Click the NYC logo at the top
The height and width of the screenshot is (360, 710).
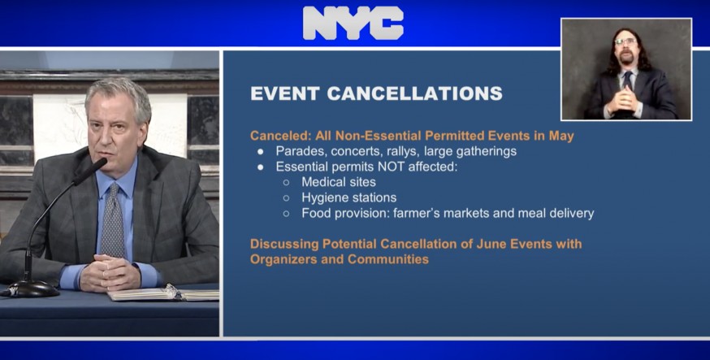pyautogui.click(x=353, y=23)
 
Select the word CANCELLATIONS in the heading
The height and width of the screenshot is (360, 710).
pyautogui.click(x=414, y=93)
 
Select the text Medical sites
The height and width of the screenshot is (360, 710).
pyautogui.click(x=339, y=182)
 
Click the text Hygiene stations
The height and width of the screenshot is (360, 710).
pyautogui.click(x=349, y=198)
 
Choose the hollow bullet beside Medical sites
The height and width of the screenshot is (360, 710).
pyautogui.click(x=286, y=183)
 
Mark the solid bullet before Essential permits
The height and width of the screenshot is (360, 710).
pyautogui.click(x=261, y=167)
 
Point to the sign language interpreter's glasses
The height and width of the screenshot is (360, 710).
pyautogui.click(x=626, y=41)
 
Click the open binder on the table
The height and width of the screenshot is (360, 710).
pyautogui.click(x=164, y=293)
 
